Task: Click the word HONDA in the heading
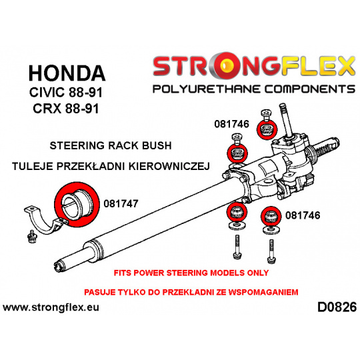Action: pyautogui.click(x=67, y=73)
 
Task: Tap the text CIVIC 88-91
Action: pyautogui.click(x=65, y=92)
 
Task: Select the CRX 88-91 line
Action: pyautogui.click(x=66, y=109)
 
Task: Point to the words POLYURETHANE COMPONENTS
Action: pyautogui.click(x=254, y=89)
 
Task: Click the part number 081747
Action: pyautogui.click(x=121, y=203)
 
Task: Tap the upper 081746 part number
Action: pyautogui.click(x=231, y=124)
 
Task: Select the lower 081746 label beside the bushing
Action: pyautogui.click(x=303, y=215)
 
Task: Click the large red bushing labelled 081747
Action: pyautogui.click(x=77, y=205)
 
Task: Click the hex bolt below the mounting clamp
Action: pyautogui.click(x=31, y=237)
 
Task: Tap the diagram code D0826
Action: pyautogui.click(x=337, y=307)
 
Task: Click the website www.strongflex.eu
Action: pyautogui.click(x=51, y=307)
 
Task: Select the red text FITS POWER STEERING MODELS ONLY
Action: pyautogui.click(x=191, y=273)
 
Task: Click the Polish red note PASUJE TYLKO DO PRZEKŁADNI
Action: pyautogui.click(x=191, y=292)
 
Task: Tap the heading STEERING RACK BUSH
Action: pyautogui.click(x=111, y=145)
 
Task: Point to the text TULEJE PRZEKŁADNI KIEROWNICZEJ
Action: pyautogui.click(x=111, y=166)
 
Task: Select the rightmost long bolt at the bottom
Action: pyautogui.click(x=271, y=251)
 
